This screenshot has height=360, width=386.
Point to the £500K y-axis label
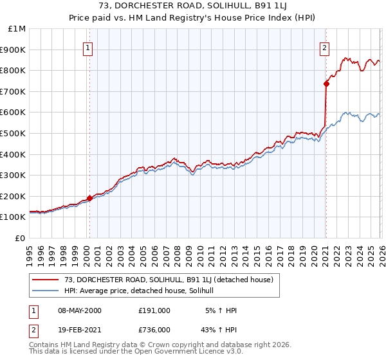pos(14,134)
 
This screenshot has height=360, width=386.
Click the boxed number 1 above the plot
pos(87,47)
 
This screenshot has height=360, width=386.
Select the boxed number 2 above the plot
pos(325,47)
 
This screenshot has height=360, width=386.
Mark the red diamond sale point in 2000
pos(89,198)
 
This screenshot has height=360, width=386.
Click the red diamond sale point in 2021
pos(326,84)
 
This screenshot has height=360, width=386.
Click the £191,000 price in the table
pos(154,310)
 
